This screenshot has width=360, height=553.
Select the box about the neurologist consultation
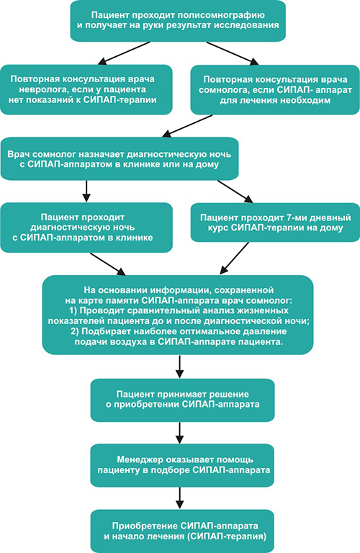tap(86, 89)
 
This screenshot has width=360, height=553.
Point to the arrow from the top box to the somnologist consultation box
tap(233, 53)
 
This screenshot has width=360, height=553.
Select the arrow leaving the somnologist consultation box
tap(187, 126)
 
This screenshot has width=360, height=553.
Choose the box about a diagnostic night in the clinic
tap(86, 228)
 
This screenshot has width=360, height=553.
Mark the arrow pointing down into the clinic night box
tap(86, 191)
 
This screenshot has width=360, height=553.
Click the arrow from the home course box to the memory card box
tap(234, 258)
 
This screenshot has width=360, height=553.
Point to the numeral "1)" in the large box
tap(73, 311)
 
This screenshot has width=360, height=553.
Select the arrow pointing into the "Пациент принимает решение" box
tap(180, 367)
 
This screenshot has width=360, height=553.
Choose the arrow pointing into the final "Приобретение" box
tap(180, 498)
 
